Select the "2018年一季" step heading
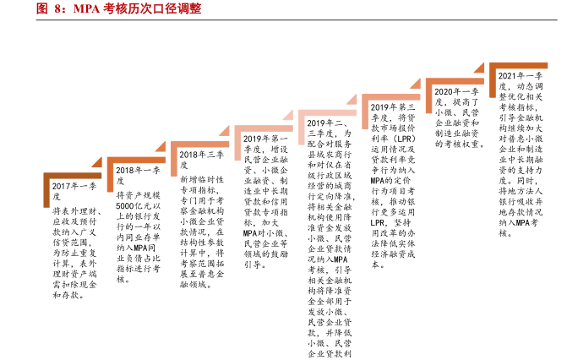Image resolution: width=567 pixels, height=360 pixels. pyautogui.click(x=136, y=169)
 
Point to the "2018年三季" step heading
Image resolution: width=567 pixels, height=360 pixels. pyautogui.click(x=201, y=155)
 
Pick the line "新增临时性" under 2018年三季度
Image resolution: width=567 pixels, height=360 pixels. pyautogui.click(x=201, y=181)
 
